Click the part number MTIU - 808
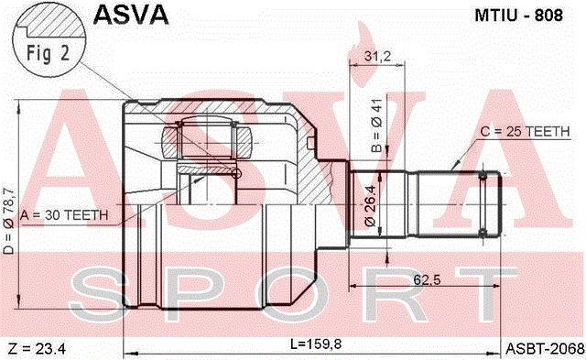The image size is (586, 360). click(x=518, y=16)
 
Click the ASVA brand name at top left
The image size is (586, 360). click(x=131, y=15)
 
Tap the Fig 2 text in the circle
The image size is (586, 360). click(x=48, y=53)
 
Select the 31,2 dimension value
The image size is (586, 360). click(x=377, y=56)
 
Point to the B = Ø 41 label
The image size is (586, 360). click(x=376, y=125)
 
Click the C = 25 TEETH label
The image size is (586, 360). click(x=525, y=132)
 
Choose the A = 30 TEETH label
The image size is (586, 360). click(x=64, y=215)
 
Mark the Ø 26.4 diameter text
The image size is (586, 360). click(x=370, y=205)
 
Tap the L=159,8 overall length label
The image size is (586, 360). click(x=316, y=344)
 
